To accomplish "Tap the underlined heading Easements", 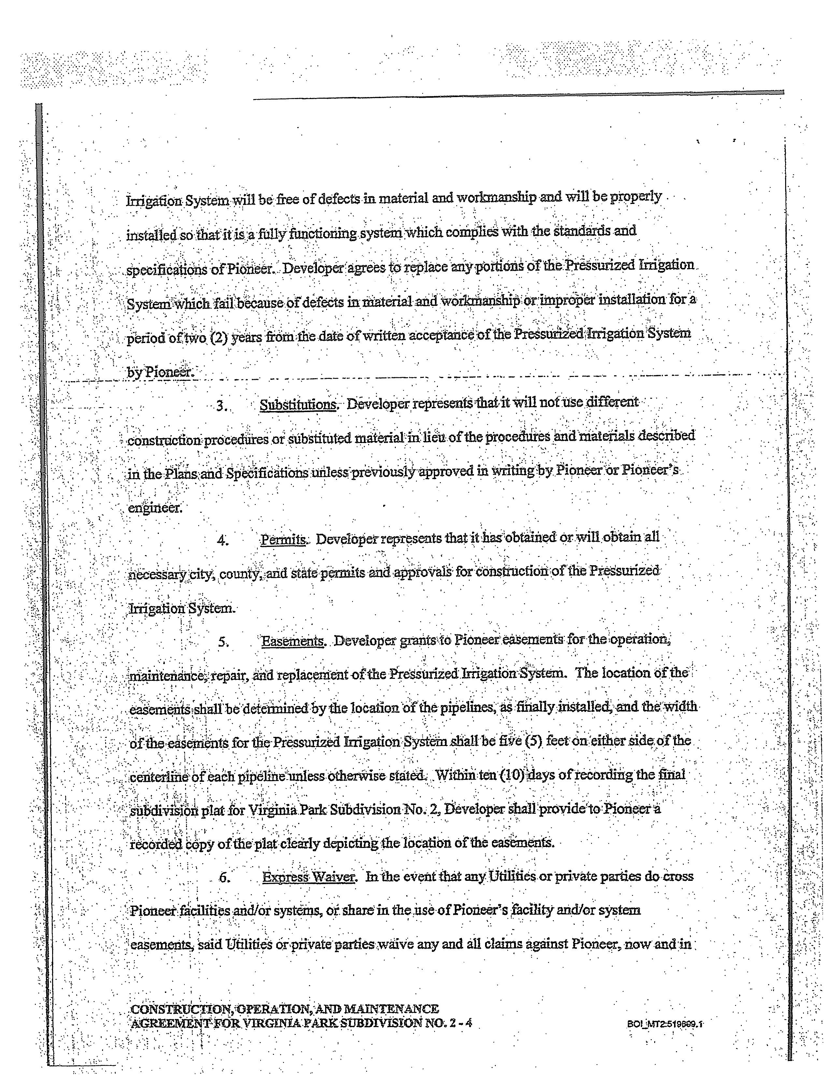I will [293, 641].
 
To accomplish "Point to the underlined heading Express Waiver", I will [309, 877].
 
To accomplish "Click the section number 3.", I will [222, 407].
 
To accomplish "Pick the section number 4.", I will [223, 541].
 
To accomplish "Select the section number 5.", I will [223, 642].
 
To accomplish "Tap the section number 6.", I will [224, 878].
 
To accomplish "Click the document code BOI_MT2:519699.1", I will [665, 1024].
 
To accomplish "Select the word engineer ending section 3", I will [155, 508].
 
